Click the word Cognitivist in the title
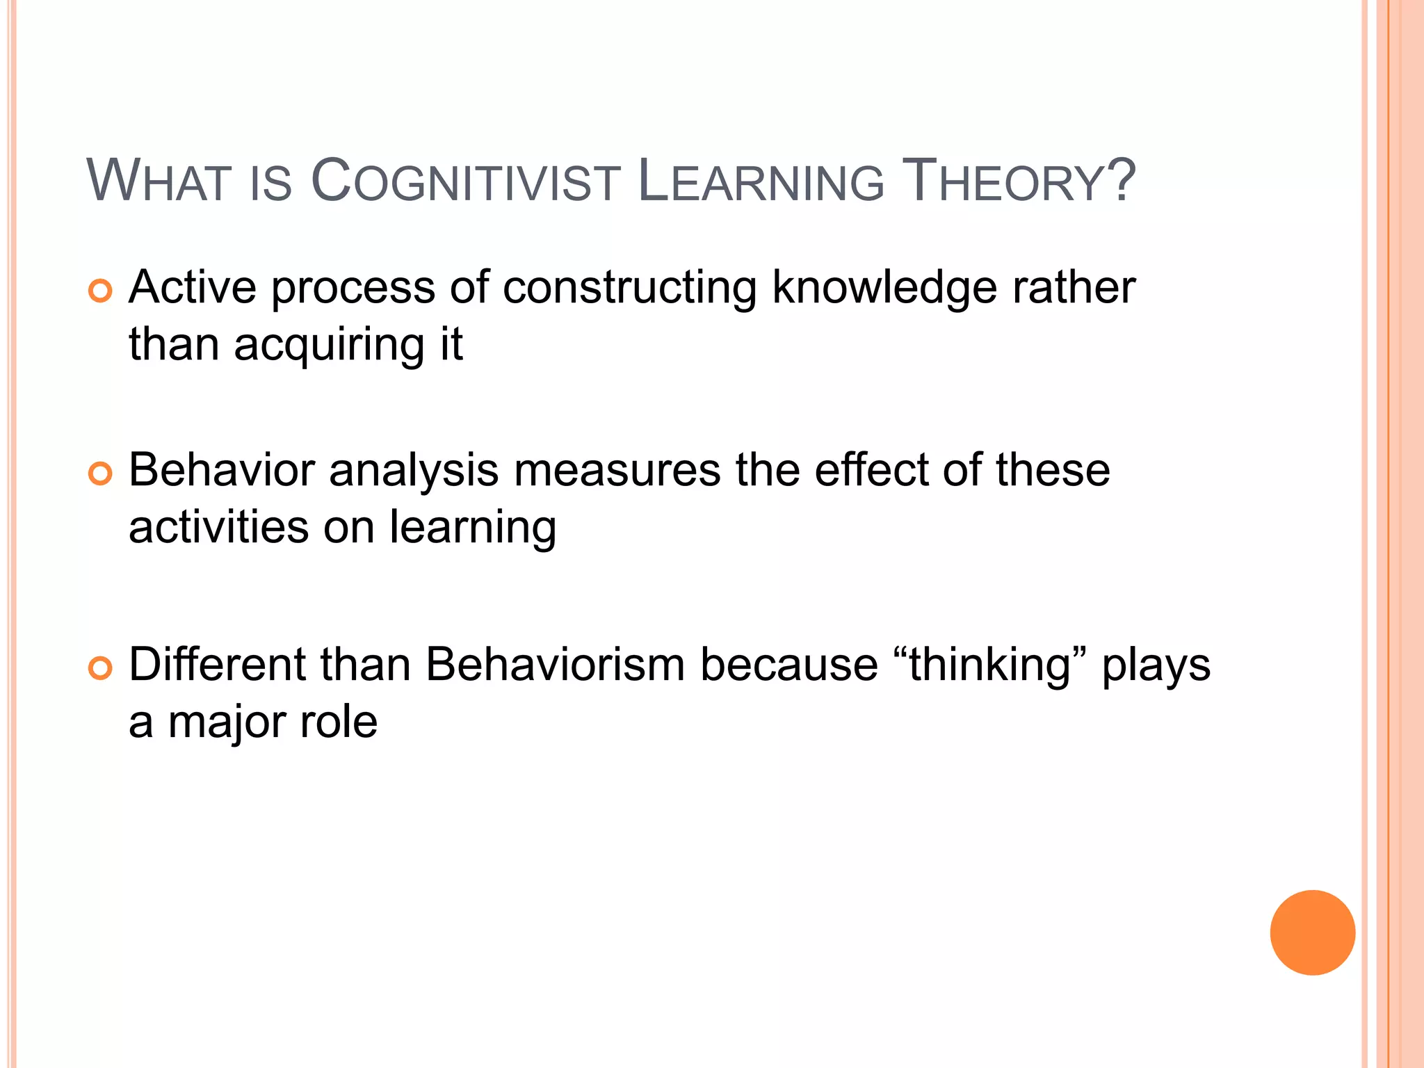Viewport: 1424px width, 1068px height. (x=465, y=181)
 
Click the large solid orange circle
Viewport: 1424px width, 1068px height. (x=1312, y=932)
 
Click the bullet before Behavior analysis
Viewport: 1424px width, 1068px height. (x=101, y=474)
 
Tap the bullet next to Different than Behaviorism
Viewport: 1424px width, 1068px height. (x=101, y=668)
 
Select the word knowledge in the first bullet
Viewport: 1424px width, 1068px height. (x=884, y=289)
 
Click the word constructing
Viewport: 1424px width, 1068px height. (x=629, y=289)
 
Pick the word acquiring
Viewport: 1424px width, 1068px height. (x=330, y=346)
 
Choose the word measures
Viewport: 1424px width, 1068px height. (x=617, y=471)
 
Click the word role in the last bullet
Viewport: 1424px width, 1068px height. (x=339, y=722)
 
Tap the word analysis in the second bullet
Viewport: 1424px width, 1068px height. (x=414, y=471)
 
